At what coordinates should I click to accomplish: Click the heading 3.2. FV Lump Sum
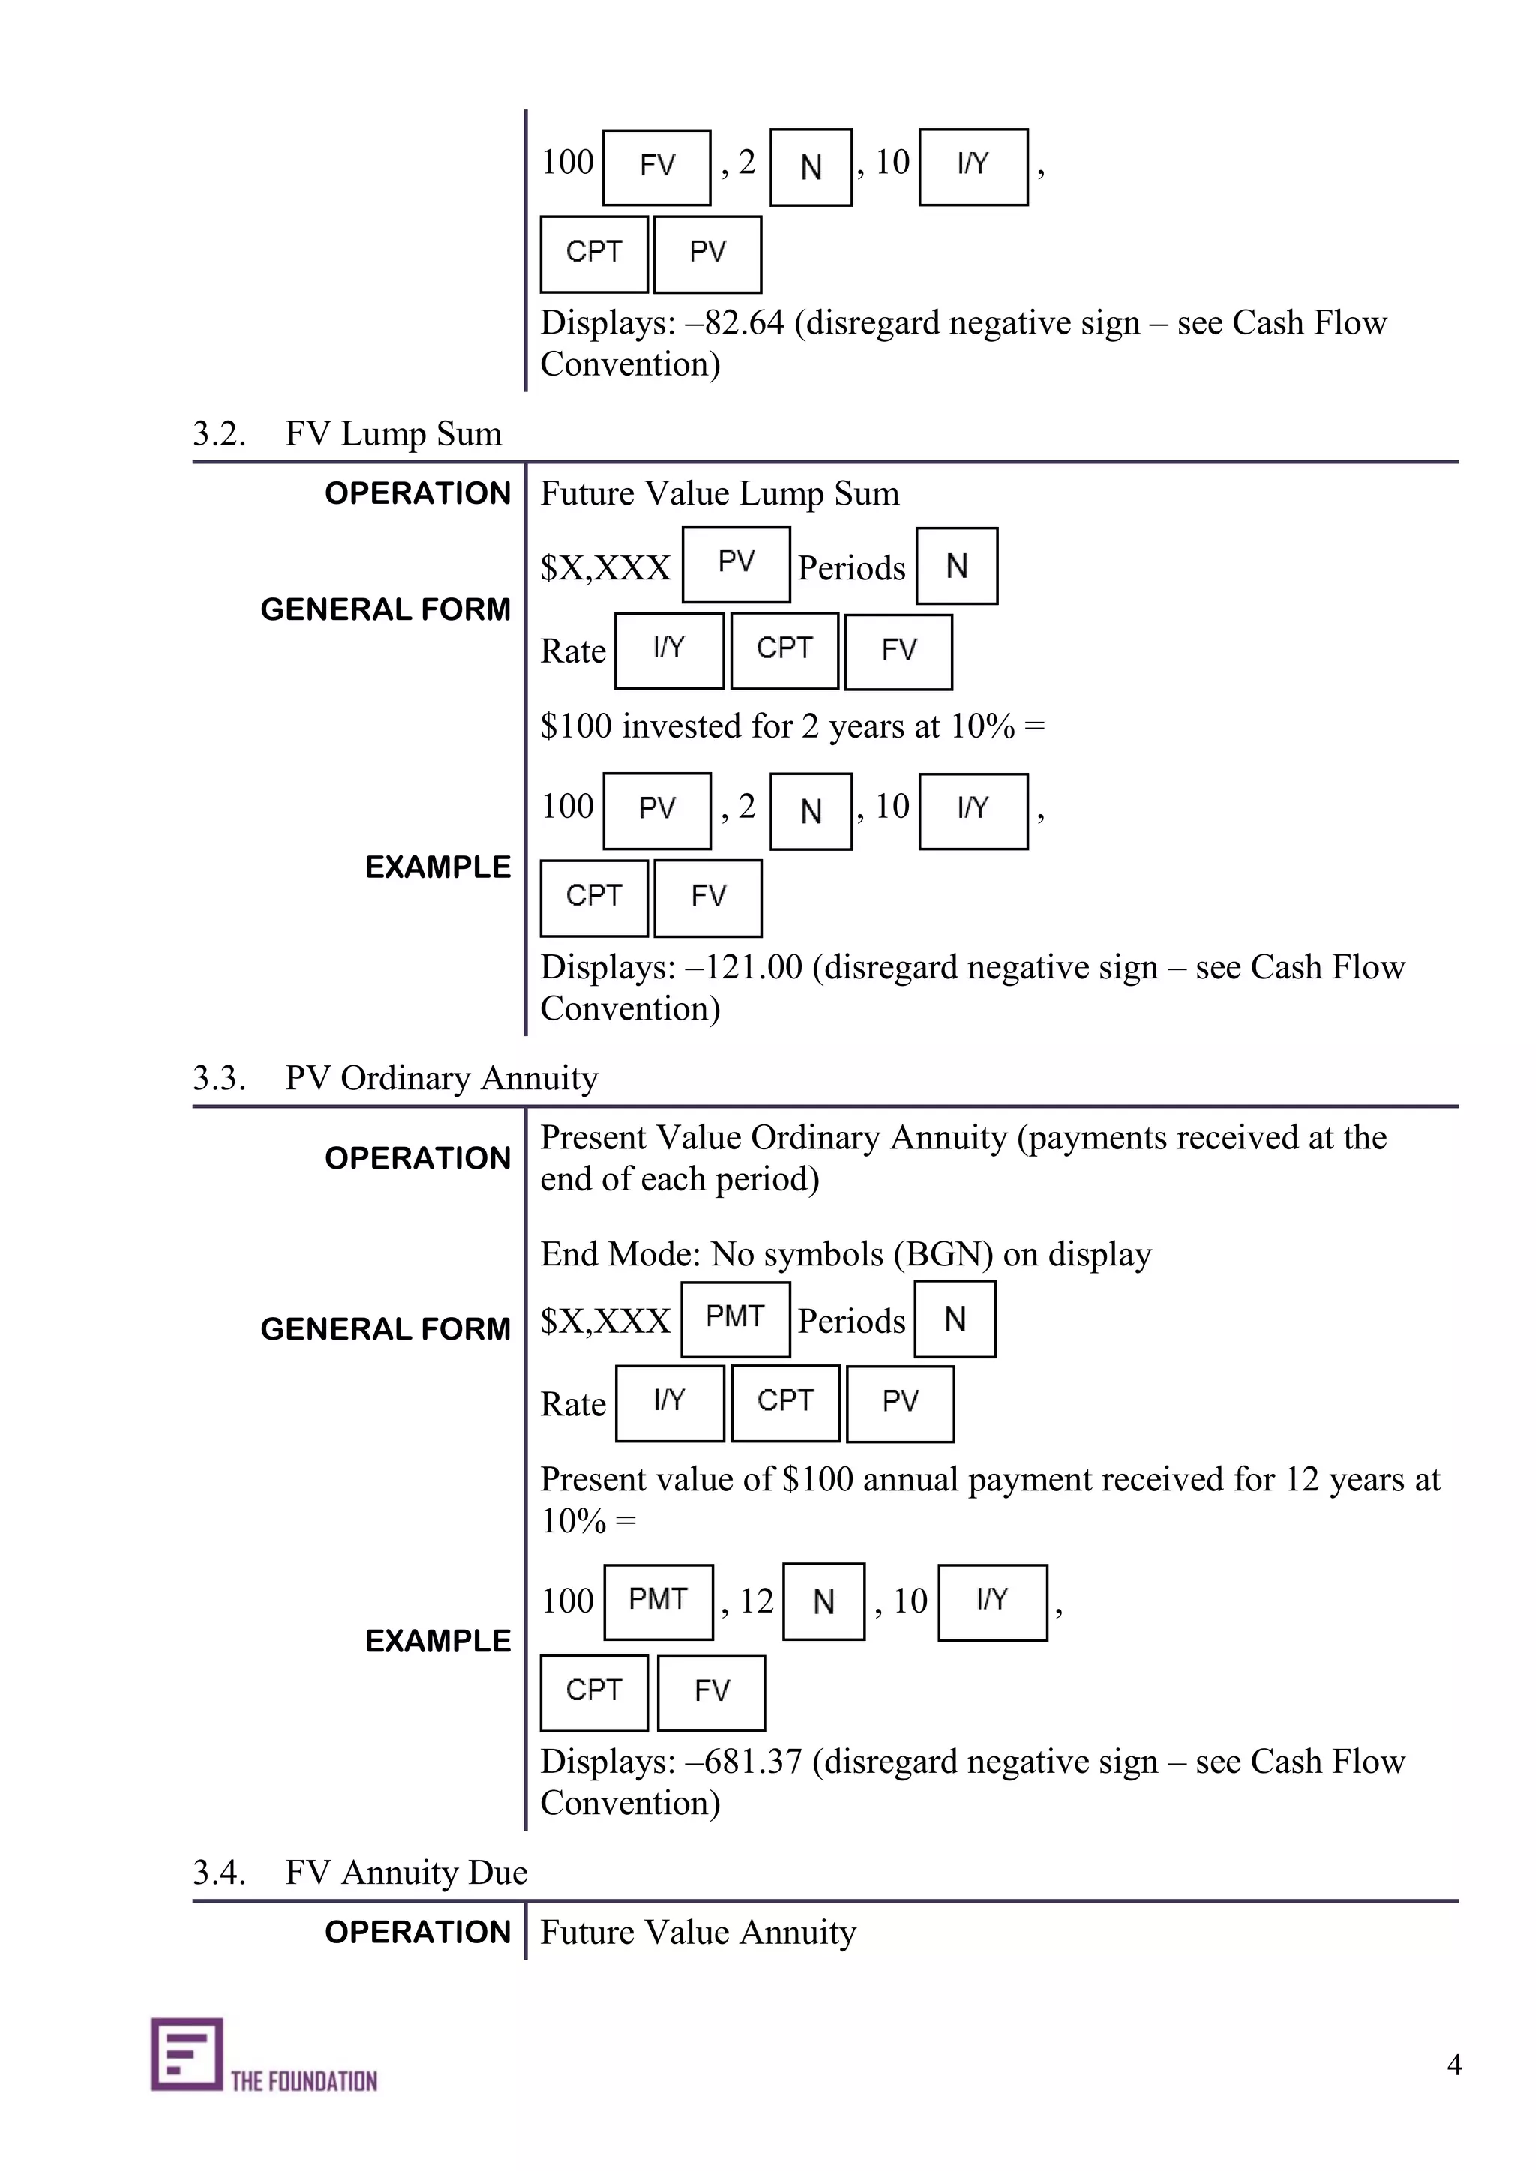[347, 434]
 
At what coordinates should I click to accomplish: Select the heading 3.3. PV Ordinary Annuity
[395, 1078]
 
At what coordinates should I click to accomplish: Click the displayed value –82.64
[735, 323]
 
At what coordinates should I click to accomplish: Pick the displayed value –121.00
[743, 967]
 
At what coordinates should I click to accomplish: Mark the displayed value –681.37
[743, 1762]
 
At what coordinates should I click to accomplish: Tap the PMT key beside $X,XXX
[735, 1318]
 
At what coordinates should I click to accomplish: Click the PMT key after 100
[658, 1601]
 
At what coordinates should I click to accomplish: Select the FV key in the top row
[656, 167]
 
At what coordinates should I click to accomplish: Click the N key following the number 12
[823, 1601]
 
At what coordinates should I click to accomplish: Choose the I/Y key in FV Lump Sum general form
[669, 651]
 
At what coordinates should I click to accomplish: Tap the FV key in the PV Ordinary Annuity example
[711, 1692]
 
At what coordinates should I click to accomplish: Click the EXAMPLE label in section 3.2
[438, 867]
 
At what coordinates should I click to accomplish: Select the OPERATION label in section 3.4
[417, 1932]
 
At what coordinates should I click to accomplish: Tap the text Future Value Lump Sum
[720, 493]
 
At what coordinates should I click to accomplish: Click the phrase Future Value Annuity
[698, 1932]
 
